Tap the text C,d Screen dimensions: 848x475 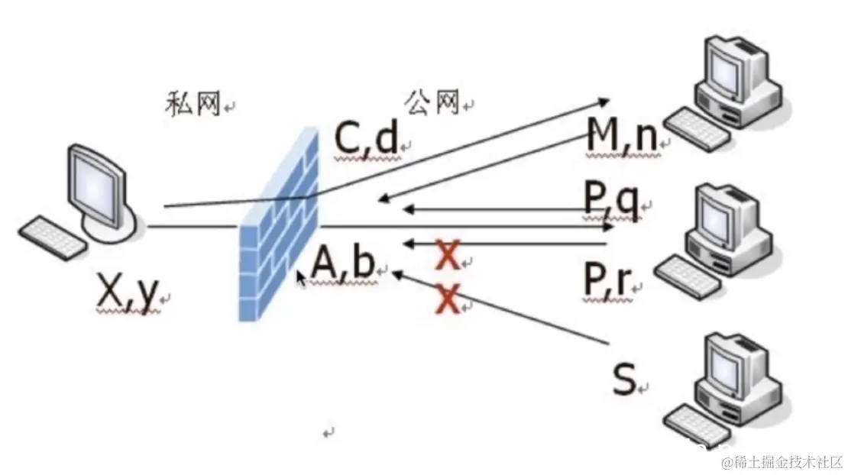(366, 138)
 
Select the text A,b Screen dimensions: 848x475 (343, 264)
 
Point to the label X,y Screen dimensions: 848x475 (128, 292)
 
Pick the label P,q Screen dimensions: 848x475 (611, 200)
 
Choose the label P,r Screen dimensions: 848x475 (608, 281)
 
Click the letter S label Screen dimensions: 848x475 (624, 380)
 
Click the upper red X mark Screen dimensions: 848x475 (448, 255)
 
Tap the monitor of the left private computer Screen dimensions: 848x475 (97, 180)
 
